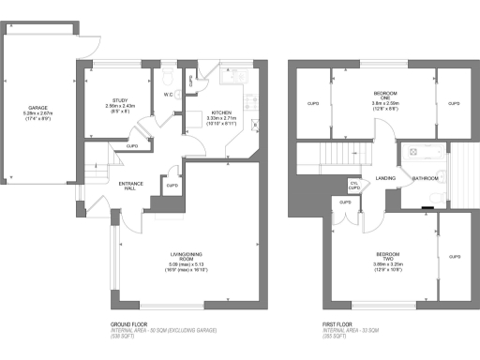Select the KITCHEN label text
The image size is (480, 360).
point(221,112)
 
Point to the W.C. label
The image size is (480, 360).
point(169,95)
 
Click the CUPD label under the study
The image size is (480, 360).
point(132,146)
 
